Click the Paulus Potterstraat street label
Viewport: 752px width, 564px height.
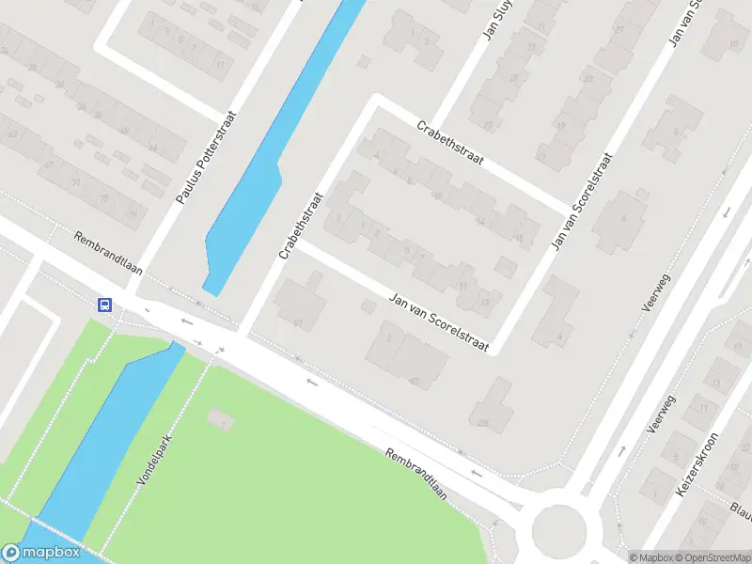[206, 158]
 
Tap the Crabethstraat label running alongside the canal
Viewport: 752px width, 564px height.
[301, 226]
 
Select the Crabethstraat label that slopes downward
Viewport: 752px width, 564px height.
[450, 146]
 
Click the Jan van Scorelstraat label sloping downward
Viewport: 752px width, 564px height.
[440, 322]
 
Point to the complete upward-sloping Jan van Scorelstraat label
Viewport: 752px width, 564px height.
[582, 201]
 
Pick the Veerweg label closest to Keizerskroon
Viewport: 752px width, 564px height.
[663, 414]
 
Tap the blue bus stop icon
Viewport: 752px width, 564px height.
[105, 305]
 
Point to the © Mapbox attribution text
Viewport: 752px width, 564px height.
[649, 556]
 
